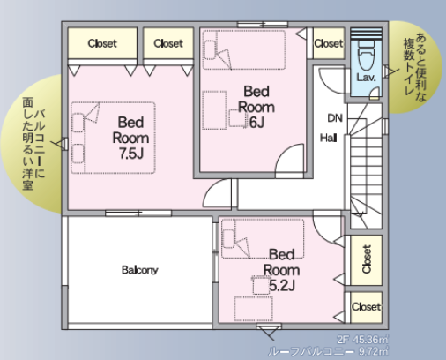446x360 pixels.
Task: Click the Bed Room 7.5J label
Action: click(130, 138)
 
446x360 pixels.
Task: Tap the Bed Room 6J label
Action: click(256, 107)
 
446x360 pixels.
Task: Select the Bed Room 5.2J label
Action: click(281, 270)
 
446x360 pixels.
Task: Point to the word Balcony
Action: click(140, 270)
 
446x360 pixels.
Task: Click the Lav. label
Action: click(366, 78)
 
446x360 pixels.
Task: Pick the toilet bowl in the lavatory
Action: click(367, 56)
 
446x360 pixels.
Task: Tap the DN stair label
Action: click(335, 118)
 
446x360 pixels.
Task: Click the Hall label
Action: click(328, 138)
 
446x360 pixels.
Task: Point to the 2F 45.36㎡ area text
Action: click(362, 340)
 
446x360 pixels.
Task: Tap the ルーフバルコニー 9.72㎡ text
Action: click(328, 351)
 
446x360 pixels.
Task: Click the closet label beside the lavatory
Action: click(329, 43)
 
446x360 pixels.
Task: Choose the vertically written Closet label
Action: click(367, 259)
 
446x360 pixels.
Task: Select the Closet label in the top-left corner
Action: click(102, 43)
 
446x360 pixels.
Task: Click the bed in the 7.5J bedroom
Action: click(113, 138)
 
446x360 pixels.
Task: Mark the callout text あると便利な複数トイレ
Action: click(415, 66)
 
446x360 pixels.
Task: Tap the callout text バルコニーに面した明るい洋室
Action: click(33, 144)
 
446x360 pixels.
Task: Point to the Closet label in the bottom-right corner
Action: click(366, 307)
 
